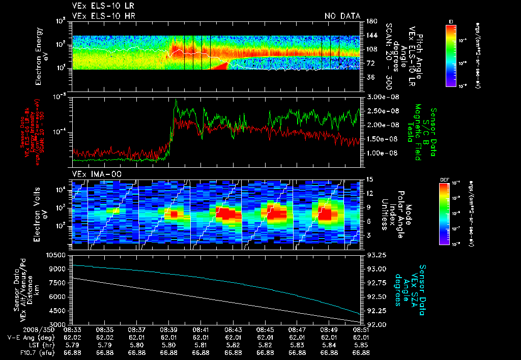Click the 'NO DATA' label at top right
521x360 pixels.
(342, 16)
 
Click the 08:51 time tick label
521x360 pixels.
(360, 329)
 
